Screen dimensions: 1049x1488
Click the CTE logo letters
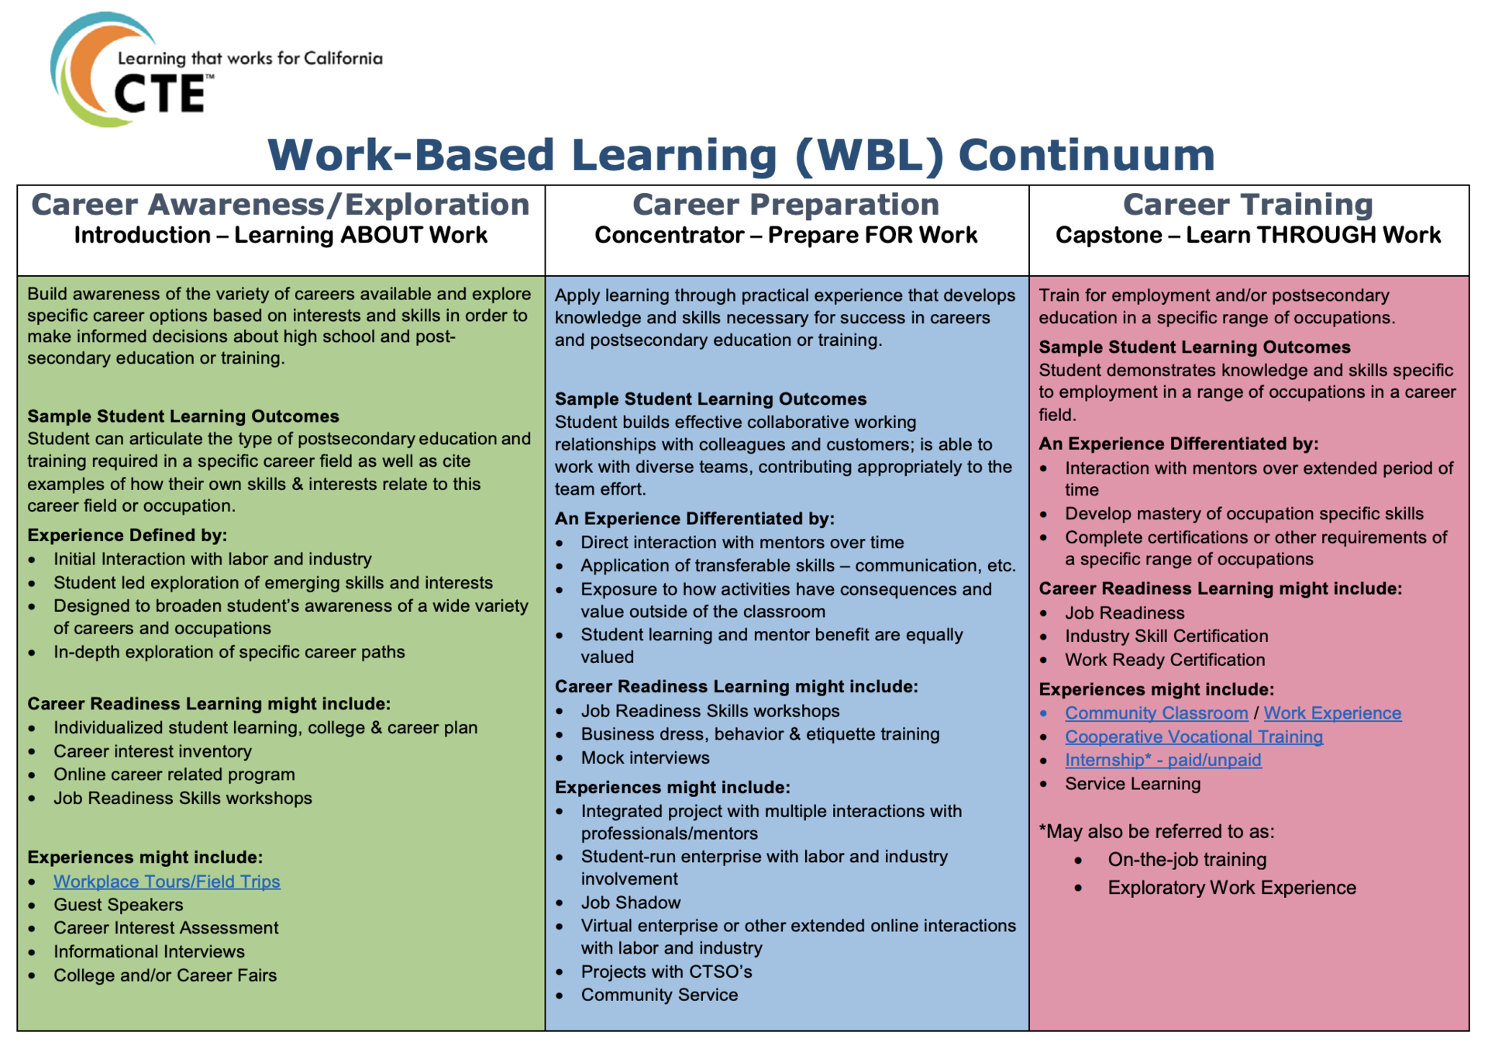pyautogui.click(x=160, y=94)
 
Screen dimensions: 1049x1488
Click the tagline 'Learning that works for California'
pyautogui.click(x=250, y=58)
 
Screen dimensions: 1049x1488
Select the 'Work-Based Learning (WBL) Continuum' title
pyautogui.click(x=741, y=154)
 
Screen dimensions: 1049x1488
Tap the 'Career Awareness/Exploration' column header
pyautogui.click(x=281, y=205)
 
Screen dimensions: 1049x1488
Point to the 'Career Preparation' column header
pyautogui.click(x=786, y=205)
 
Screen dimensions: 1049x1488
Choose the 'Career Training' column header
pyautogui.click(x=1248, y=205)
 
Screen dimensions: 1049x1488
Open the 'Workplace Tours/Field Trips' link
pyautogui.click(x=167, y=882)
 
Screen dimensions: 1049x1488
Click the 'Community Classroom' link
pyautogui.click(x=1156, y=713)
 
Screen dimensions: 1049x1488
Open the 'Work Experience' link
pyautogui.click(x=1332, y=713)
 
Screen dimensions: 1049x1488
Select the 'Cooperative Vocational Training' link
pyautogui.click(x=1193, y=737)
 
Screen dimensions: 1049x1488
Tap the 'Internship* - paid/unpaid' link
pyautogui.click(x=1162, y=760)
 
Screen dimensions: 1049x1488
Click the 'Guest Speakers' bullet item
pyautogui.click(x=119, y=905)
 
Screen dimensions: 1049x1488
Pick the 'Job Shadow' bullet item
pyautogui.click(x=631, y=902)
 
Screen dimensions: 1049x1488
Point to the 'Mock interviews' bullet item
pyautogui.click(x=646, y=757)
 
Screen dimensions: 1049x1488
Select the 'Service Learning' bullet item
pyautogui.click(x=1132, y=784)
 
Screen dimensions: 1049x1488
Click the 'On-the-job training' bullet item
pyautogui.click(x=1187, y=860)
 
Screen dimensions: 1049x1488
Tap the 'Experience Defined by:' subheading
pyautogui.click(x=127, y=535)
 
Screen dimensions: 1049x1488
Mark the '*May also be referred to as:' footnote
pyautogui.click(x=1156, y=832)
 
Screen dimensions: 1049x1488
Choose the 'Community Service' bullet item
pyautogui.click(x=660, y=995)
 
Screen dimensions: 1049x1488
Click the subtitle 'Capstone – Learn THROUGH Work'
pyautogui.click(x=1248, y=235)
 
